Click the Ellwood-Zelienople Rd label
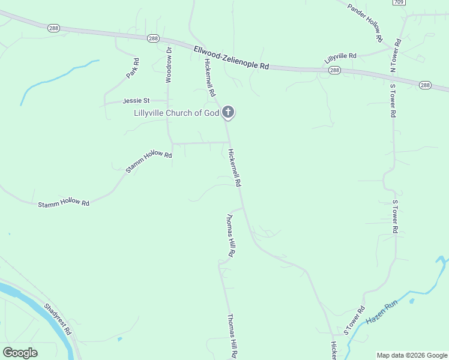coord(231,57)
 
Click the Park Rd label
coord(133,68)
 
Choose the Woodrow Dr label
coord(169,64)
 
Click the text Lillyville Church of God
coord(176,113)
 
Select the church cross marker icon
coord(228,112)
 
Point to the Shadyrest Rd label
coord(58,319)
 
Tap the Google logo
coord(20,352)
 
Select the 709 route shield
coord(399,2)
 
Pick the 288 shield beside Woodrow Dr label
coord(154,38)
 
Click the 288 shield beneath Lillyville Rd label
coord(335,70)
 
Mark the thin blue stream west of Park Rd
coord(54,78)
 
